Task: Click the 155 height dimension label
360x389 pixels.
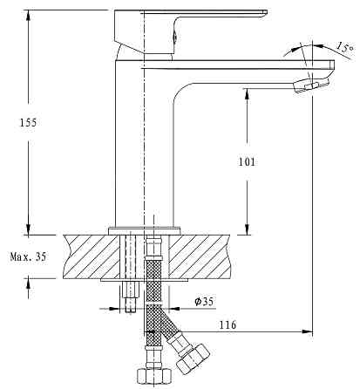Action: tap(28, 122)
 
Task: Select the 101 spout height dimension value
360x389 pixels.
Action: tap(247, 161)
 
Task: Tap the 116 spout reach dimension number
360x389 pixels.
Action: tap(228, 324)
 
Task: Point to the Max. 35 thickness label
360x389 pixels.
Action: tap(28, 256)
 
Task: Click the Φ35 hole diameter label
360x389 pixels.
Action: tap(204, 302)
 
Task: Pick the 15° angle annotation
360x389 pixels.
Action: tap(345, 47)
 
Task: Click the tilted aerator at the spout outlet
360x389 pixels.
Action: tap(311, 85)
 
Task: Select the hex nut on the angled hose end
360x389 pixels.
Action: tap(193, 359)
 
